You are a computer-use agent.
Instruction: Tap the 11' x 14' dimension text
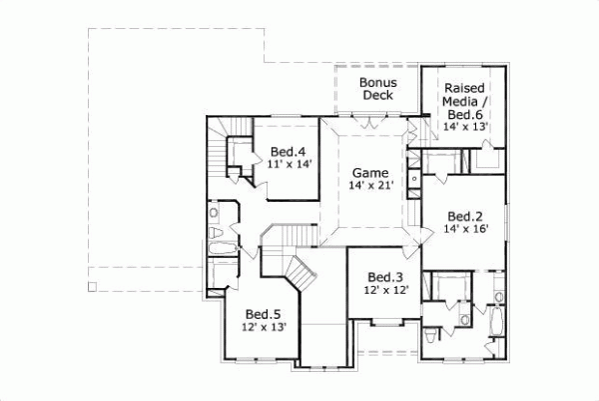283,166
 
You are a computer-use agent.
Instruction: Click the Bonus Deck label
377,88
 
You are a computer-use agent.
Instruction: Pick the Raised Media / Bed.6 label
466,101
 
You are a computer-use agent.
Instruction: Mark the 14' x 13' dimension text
466,128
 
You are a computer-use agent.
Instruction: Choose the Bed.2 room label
465,216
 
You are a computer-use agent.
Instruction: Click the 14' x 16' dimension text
465,229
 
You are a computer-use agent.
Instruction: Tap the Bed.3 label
384,277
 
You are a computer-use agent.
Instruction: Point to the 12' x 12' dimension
384,290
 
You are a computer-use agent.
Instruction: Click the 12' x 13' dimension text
264,327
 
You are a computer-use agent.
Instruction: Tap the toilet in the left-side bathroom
214,213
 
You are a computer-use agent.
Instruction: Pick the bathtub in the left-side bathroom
222,242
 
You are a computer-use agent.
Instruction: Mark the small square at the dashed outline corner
93,288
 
